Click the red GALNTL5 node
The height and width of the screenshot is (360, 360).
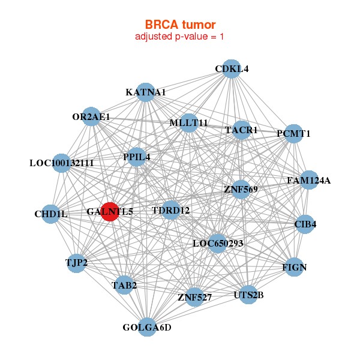[x=110, y=212]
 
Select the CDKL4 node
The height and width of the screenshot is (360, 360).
[x=232, y=69]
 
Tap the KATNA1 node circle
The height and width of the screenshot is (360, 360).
[x=146, y=92]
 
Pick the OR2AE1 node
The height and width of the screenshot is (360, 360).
[x=91, y=116]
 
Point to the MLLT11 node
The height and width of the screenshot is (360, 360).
[x=189, y=123]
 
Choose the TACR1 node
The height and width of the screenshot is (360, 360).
[x=241, y=130]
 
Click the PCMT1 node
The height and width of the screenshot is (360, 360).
[x=293, y=134]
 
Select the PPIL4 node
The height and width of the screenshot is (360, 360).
[x=136, y=157]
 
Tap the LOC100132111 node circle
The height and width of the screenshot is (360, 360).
[x=61, y=163]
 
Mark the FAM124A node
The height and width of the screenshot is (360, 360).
[x=309, y=180]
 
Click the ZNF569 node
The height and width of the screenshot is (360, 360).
[x=241, y=190]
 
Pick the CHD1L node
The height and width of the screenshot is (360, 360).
[x=51, y=214]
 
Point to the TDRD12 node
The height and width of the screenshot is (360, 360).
[x=171, y=210]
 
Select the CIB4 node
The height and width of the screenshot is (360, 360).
[x=305, y=224]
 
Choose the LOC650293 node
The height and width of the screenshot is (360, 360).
[x=218, y=244]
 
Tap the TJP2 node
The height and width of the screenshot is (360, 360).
[x=76, y=263]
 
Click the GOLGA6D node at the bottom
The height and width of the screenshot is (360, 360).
[x=147, y=327]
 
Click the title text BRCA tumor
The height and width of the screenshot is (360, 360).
[x=180, y=25]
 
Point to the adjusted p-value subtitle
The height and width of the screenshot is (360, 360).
[x=179, y=37]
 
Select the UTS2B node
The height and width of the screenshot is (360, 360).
[x=248, y=295]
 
